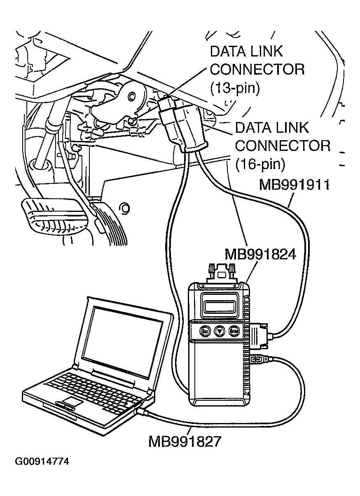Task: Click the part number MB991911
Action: (294, 186)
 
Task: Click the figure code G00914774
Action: (42, 461)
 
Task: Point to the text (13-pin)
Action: (235, 88)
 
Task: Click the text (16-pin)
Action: (260, 165)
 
